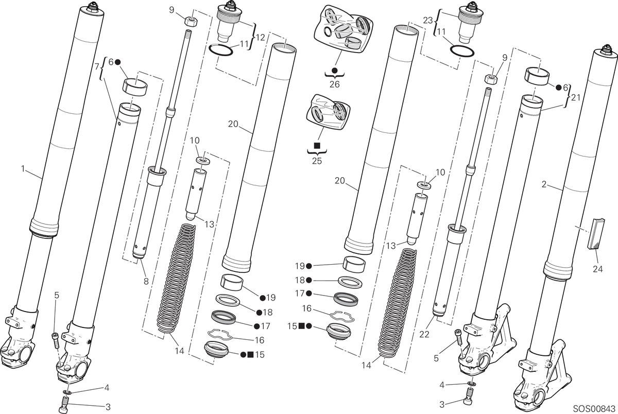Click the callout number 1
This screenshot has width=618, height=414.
pyautogui.click(x=23, y=168)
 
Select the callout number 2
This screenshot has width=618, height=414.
pyautogui.click(x=544, y=184)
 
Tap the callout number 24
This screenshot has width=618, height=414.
pyautogui.click(x=597, y=269)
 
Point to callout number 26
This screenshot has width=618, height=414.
pyautogui.click(x=334, y=84)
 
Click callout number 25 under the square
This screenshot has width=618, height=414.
pyautogui.click(x=317, y=161)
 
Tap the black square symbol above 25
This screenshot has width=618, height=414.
pyautogui.click(x=317, y=145)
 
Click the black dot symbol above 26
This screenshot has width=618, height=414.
pyautogui.click(x=334, y=70)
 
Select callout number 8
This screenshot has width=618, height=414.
pyautogui.click(x=146, y=282)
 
